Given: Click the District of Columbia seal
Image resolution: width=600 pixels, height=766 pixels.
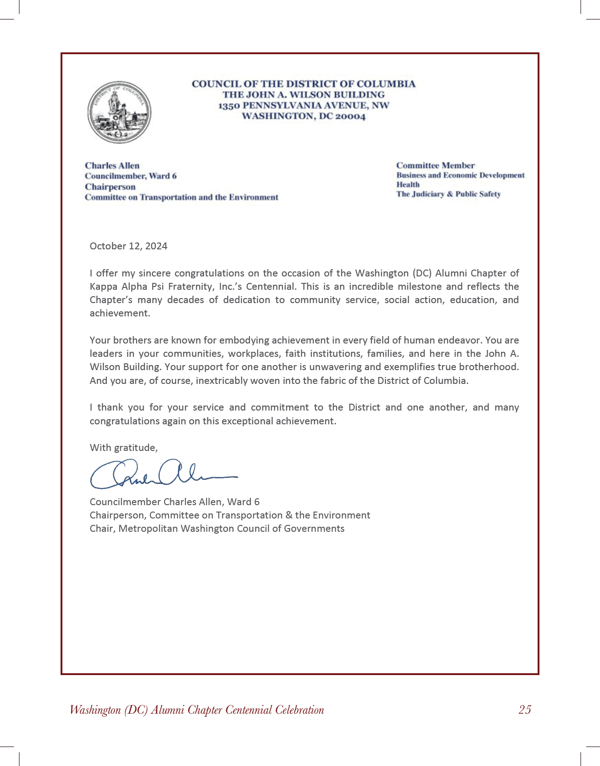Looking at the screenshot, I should coord(119,113).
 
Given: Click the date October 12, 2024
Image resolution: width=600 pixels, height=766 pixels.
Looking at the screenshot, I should coord(128,246).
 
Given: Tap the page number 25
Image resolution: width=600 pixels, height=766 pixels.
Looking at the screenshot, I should coord(525,710).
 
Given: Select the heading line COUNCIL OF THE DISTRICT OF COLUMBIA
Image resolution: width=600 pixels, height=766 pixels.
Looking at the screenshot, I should coord(304,84).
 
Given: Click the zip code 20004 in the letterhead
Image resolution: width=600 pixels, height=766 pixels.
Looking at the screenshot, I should coord(350,116).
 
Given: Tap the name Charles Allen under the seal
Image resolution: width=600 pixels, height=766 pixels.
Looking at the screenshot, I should coord(112,166).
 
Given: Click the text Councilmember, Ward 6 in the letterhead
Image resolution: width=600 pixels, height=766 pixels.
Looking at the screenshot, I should coord(131,176).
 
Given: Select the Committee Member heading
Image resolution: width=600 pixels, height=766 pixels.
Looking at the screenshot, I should coord(435,165).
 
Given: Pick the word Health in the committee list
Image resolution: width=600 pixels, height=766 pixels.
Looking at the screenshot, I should coord(408,185).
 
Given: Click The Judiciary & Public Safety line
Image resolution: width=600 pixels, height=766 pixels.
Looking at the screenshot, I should coord(448,194).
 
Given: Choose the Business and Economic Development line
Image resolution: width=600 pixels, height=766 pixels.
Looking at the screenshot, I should coord(460,175).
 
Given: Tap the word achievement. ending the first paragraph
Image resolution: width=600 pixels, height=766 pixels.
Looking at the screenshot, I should coord(120,314).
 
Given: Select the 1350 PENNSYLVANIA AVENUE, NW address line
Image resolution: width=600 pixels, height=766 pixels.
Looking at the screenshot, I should coord(304,106).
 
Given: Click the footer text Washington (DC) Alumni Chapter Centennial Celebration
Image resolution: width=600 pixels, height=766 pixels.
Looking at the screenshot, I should coord(197,710).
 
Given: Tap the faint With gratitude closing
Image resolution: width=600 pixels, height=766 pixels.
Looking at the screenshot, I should coord(123,448).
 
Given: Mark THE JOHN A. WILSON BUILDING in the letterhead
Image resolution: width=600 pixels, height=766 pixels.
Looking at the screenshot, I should coord(304,95).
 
